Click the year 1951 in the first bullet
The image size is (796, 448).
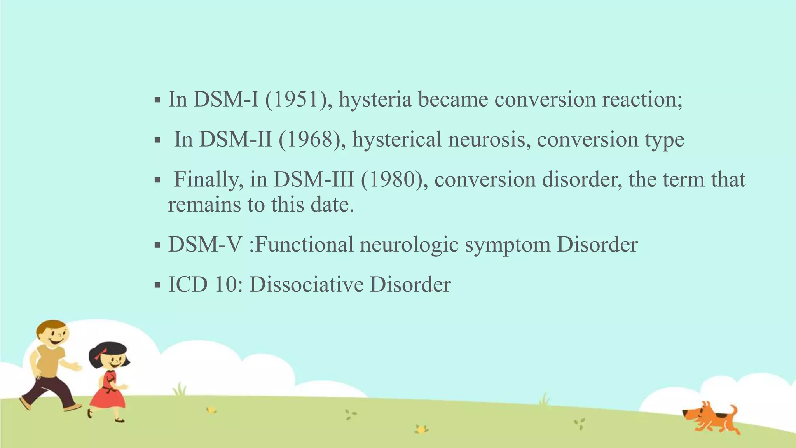299,100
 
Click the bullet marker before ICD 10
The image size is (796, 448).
157,286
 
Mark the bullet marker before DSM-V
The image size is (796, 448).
157,246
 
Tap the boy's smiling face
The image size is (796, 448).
54,335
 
